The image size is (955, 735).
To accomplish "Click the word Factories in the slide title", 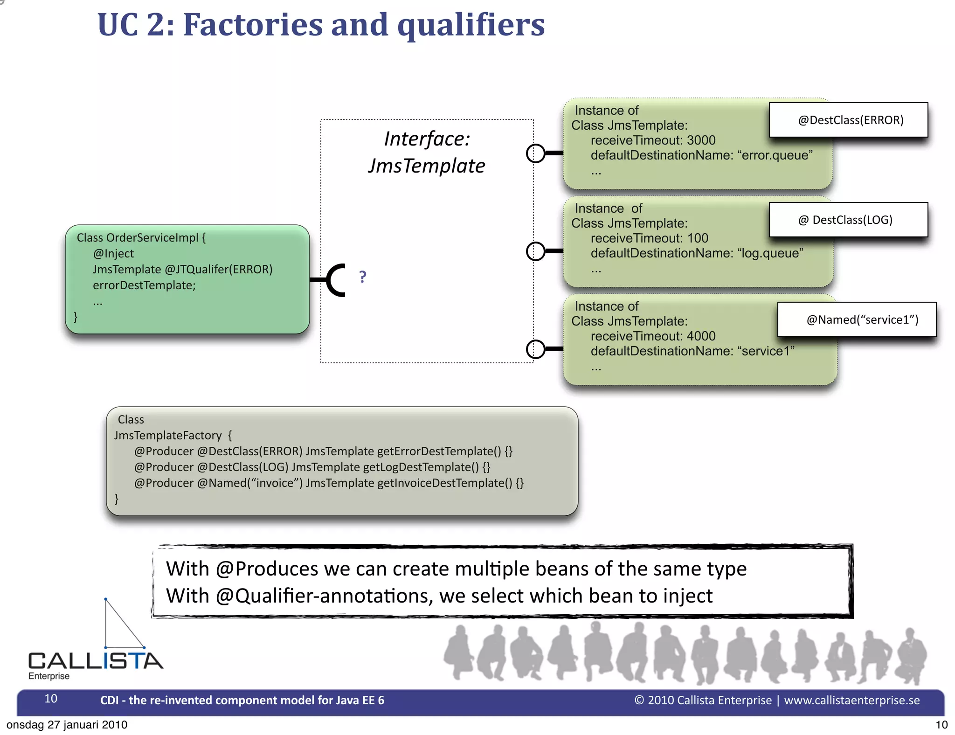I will (x=253, y=25).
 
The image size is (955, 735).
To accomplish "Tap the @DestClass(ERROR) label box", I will (x=848, y=120).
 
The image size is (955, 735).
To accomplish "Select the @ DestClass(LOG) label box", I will (x=848, y=220).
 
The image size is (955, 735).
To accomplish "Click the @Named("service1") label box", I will (x=857, y=319).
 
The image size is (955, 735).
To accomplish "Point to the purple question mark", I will (x=363, y=277).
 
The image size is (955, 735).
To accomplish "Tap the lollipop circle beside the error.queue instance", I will (x=535, y=153).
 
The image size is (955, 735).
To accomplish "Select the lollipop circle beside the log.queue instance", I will (x=535, y=251).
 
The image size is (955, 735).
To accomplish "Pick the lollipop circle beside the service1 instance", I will (x=535, y=349).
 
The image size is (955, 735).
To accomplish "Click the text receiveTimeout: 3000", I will (x=652, y=140).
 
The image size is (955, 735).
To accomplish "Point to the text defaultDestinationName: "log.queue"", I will (x=697, y=253).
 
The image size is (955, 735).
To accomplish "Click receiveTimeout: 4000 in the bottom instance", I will (x=652, y=336).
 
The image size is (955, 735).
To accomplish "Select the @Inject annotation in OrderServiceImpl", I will (x=113, y=254).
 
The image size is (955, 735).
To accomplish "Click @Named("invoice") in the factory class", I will (x=249, y=483).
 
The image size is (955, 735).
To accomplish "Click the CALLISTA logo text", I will (x=96, y=661).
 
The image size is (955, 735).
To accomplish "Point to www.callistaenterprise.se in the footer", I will (x=851, y=700).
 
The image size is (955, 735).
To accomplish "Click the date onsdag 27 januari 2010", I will (x=67, y=725).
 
